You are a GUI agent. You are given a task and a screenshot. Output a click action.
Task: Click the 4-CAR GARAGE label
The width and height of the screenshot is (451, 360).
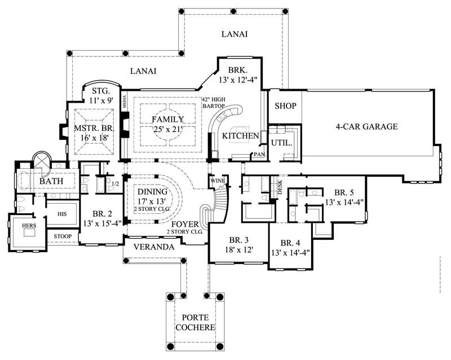366,126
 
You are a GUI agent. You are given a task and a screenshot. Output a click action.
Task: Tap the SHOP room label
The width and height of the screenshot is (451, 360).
285,106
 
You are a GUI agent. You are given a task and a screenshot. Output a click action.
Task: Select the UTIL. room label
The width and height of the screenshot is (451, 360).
282,143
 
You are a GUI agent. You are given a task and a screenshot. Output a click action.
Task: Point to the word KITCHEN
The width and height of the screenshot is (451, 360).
240,136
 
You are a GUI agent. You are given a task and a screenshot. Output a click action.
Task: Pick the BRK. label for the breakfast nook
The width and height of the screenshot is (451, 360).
236,70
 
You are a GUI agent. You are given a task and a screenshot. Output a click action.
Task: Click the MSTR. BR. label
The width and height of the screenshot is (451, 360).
94,129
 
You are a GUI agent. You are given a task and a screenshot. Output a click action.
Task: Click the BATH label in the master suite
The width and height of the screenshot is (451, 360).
50,182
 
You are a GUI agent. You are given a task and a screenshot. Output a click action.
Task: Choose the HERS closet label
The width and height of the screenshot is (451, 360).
29,225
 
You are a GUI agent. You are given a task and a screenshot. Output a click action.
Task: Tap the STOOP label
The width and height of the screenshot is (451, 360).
62,236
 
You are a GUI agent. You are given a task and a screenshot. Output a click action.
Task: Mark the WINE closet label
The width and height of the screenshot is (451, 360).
216,181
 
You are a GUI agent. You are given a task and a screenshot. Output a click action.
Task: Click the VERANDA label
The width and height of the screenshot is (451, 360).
149,247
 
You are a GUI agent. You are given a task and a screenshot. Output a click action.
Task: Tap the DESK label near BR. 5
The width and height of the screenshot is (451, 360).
280,186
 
